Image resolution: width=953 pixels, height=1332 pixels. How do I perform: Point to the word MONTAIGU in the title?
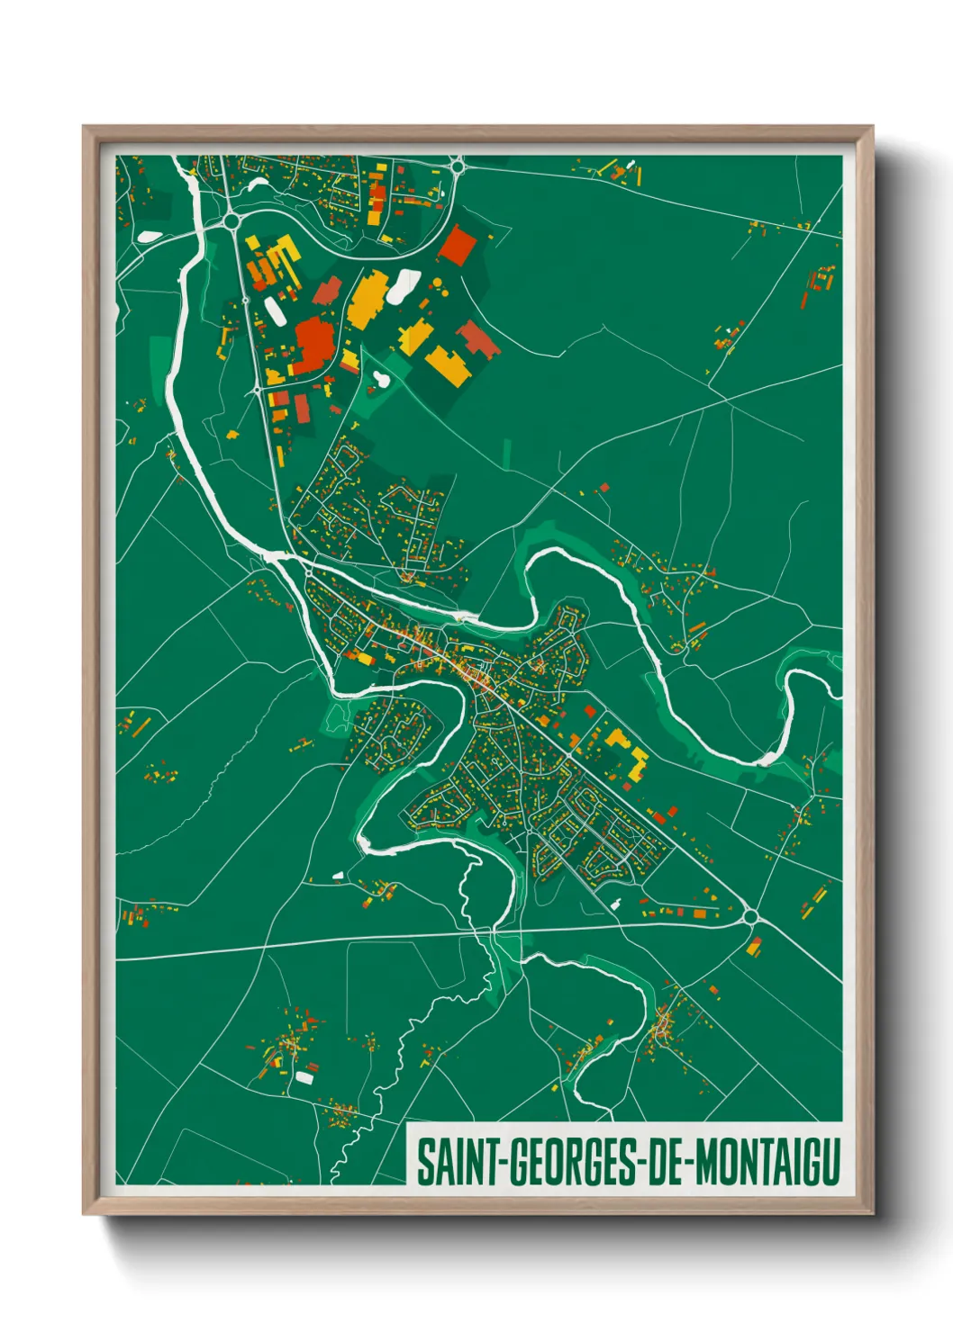[x=767, y=1162]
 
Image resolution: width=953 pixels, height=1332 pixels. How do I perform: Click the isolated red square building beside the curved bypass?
[x=457, y=245]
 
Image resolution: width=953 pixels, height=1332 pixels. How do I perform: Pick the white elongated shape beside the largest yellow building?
[x=403, y=285]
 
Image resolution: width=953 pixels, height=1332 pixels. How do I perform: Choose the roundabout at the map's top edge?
[x=458, y=165]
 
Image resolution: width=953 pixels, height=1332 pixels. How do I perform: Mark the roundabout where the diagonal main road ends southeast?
[x=750, y=917]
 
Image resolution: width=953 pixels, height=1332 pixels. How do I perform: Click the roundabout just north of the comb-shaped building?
[x=232, y=219]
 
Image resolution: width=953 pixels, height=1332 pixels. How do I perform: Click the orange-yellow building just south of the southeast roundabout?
[x=754, y=946]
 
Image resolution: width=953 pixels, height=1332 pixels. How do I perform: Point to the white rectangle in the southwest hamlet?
[x=304, y=1076]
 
